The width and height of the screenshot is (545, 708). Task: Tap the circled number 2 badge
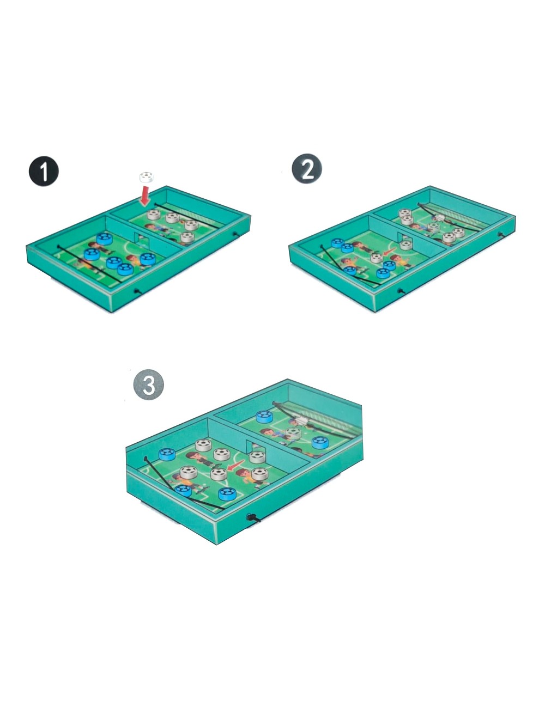point(307,169)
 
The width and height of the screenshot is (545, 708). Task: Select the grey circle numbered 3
point(149,385)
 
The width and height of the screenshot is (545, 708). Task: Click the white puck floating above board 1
point(147,177)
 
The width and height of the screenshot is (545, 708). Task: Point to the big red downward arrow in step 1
point(144,196)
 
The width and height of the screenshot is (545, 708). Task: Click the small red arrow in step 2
point(390,251)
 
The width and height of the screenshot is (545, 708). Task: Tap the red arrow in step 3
point(235,466)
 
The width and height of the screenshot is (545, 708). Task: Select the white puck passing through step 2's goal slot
point(406,245)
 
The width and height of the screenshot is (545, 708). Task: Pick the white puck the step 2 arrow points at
point(376,258)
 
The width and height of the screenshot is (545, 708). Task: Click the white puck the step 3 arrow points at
point(219,474)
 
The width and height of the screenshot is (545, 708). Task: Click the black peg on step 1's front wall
point(137,290)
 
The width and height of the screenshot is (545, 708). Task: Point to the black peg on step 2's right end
point(500,234)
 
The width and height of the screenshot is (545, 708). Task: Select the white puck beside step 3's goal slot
point(257,457)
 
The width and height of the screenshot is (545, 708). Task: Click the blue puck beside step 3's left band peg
point(167,454)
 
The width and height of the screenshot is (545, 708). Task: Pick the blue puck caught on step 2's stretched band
point(350,271)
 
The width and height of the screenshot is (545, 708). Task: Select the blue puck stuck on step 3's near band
point(183,491)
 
